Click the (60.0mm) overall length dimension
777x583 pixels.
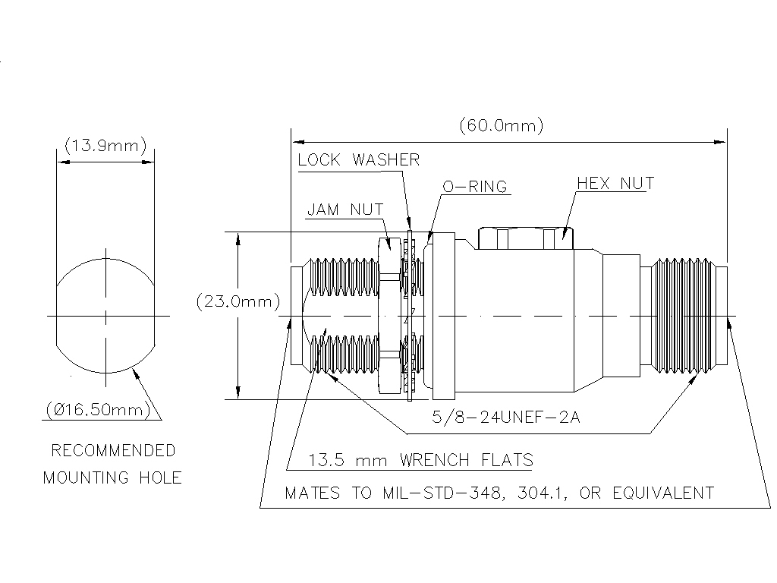[501, 126]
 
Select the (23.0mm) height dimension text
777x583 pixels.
[237, 301]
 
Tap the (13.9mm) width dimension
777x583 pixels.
[105, 146]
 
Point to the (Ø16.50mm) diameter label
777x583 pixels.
[98, 411]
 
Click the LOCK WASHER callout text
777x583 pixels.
[358, 160]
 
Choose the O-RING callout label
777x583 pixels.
[474, 187]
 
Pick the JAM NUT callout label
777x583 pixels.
[344, 210]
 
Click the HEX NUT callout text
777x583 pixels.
[615, 184]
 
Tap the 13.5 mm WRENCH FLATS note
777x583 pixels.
[420, 460]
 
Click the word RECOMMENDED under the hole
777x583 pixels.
[113, 451]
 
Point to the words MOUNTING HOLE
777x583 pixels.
[112, 478]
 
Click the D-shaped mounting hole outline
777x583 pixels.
[106, 314]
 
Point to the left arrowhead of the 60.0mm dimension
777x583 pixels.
[297, 141]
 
